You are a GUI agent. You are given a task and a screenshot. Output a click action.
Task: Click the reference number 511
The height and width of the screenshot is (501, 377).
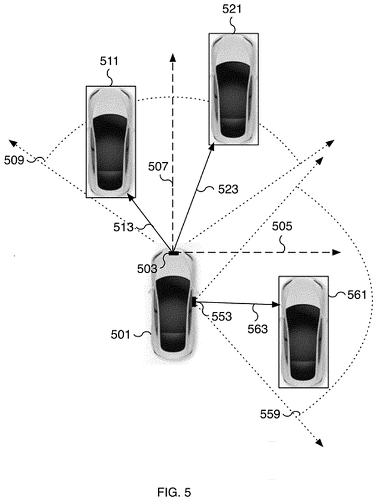click(x=110, y=61)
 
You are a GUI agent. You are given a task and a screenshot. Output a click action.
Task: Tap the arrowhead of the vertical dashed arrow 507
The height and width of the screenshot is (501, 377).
click(x=173, y=57)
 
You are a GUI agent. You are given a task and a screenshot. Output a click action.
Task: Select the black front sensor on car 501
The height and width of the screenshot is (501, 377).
click(x=173, y=253)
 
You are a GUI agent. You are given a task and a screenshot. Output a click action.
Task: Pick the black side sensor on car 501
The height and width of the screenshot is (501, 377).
click(x=194, y=302)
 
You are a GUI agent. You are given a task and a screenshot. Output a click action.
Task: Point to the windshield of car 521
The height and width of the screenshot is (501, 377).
click(x=233, y=66)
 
